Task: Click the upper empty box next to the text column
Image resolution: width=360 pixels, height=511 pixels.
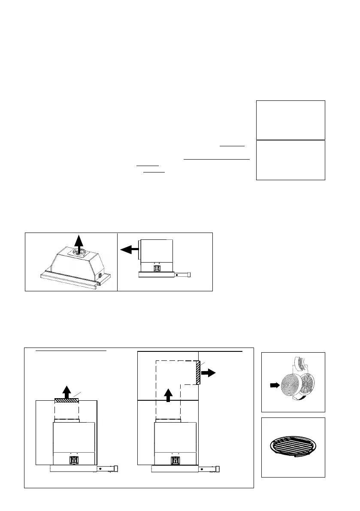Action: click(x=290, y=120)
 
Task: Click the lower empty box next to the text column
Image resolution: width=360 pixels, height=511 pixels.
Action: click(x=290, y=160)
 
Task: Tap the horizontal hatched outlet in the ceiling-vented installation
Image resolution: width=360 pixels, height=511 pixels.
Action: click(x=67, y=401)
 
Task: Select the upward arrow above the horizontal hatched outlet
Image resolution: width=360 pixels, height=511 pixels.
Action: click(x=67, y=391)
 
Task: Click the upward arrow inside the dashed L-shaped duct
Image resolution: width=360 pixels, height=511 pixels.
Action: click(x=168, y=394)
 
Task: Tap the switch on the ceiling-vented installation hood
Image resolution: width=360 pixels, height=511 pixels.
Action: click(x=73, y=461)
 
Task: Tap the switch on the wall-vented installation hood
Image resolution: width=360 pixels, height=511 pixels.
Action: click(x=175, y=461)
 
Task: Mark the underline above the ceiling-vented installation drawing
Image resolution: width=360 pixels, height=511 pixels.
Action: click(x=71, y=350)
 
